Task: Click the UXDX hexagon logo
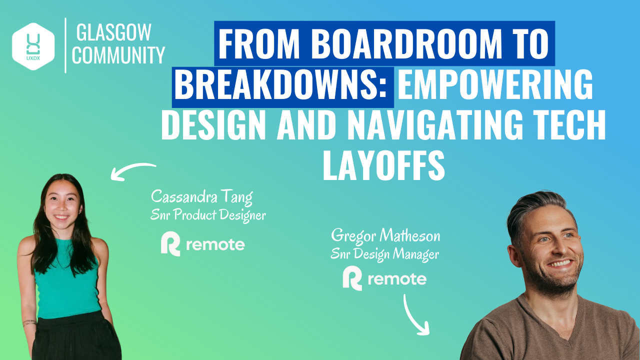33,46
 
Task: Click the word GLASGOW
113,33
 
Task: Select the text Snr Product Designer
207,215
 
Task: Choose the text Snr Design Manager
384,254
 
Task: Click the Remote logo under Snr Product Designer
202,245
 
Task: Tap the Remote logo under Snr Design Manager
384,278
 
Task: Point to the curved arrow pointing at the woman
132,170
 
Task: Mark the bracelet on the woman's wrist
29,323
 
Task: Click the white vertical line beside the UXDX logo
65,45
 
